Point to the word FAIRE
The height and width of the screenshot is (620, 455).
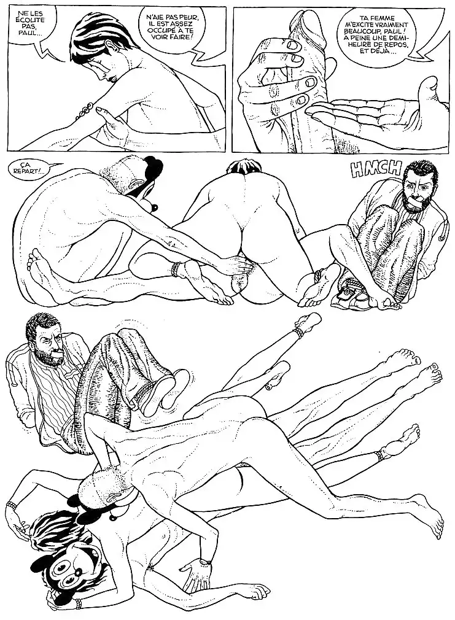[x=184, y=39]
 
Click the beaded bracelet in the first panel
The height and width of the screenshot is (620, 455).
[x=84, y=112]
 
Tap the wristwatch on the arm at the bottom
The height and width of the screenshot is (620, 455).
[x=203, y=561]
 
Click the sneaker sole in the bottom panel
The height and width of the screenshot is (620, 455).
[x=161, y=392]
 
